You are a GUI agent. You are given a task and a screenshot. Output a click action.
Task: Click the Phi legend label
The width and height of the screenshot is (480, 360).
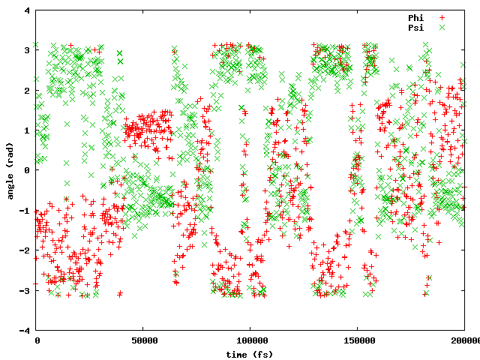416,17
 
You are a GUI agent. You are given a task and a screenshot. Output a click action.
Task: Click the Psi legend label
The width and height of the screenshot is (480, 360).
416,27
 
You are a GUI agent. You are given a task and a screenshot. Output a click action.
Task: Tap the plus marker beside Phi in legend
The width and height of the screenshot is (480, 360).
442,17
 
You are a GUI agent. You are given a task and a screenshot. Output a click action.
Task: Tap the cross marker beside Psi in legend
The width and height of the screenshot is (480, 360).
442,27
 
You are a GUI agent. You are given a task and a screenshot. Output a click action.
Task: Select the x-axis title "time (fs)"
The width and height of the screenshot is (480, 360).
250,353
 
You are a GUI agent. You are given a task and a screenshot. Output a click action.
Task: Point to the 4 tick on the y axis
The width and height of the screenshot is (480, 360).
28,10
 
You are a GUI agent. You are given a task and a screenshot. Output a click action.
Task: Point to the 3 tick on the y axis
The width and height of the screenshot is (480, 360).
28,50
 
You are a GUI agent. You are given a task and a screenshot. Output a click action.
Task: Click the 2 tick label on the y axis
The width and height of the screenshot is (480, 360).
28,91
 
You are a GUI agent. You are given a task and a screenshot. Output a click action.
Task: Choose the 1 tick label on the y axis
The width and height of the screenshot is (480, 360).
28,130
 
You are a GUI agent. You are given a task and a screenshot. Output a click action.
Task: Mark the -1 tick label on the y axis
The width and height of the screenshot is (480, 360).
25,211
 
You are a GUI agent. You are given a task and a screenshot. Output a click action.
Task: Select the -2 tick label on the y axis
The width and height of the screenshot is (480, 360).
25,250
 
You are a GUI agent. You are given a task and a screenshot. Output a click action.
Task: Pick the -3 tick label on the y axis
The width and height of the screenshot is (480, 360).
25,290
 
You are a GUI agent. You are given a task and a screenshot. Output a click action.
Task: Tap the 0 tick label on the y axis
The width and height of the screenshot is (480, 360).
28,170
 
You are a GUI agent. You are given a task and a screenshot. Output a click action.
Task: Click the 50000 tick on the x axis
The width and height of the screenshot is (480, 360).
143,340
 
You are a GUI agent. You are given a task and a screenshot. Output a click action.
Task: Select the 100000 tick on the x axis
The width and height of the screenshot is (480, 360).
250,340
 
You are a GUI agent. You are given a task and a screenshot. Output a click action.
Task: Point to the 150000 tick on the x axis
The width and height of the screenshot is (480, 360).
357,340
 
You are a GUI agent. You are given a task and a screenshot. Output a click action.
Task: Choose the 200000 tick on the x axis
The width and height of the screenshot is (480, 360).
464,340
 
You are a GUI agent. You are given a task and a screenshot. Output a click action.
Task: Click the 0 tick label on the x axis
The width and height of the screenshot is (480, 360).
37,340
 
